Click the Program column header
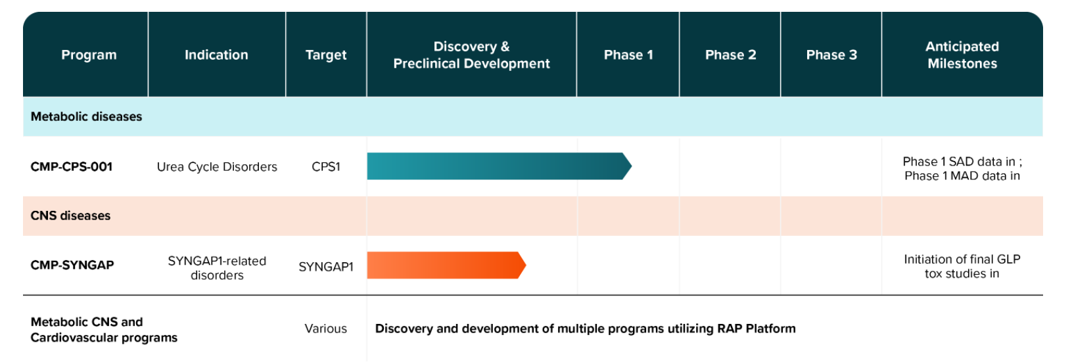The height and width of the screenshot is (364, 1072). pyautogui.click(x=89, y=55)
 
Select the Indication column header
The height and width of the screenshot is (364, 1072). pyautogui.click(x=216, y=55)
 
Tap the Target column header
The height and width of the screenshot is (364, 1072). pyautogui.click(x=326, y=55)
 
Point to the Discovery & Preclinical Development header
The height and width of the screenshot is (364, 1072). pyautogui.click(x=471, y=55)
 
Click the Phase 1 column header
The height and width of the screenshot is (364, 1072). pyautogui.click(x=628, y=55)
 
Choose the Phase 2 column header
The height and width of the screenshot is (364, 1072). pyautogui.click(x=730, y=55)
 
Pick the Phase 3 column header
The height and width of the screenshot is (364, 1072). pyautogui.click(x=831, y=55)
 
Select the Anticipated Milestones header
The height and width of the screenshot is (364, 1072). pyautogui.click(x=962, y=55)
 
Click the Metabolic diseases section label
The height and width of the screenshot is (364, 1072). pyautogui.click(x=86, y=117)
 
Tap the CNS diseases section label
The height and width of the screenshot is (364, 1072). pyautogui.click(x=70, y=216)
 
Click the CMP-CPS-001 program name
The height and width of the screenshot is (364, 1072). pyautogui.click(x=72, y=167)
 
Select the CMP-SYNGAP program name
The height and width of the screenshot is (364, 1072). pyautogui.click(x=72, y=265)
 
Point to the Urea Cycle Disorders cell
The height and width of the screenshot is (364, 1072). pyautogui.click(x=217, y=167)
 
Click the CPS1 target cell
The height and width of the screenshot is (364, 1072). pyautogui.click(x=326, y=167)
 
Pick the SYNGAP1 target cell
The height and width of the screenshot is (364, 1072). pyautogui.click(x=326, y=267)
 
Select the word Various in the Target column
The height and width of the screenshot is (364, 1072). pyautogui.click(x=326, y=329)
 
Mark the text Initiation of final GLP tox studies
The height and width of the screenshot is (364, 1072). pyautogui.click(x=962, y=267)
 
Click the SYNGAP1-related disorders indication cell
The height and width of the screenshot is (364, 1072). pyautogui.click(x=217, y=268)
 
